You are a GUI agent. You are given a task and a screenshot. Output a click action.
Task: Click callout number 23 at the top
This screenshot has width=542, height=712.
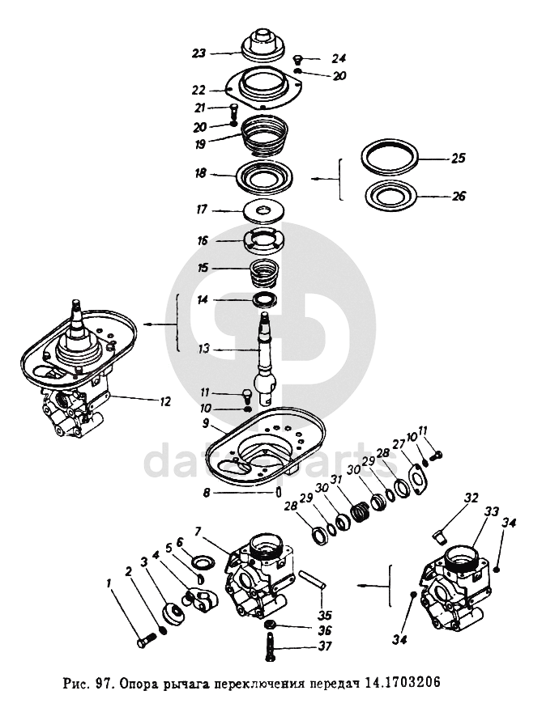[199, 53]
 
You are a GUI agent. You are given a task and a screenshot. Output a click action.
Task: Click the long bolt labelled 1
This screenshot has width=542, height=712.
[147, 642]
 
